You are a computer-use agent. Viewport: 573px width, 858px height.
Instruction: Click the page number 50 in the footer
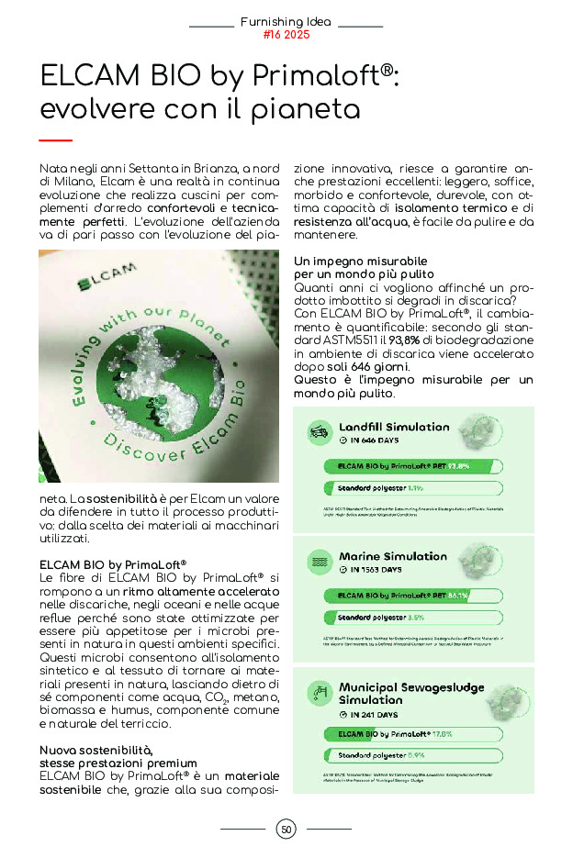coord(286,830)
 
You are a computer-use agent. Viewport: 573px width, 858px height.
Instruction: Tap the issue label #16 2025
coord(286,35)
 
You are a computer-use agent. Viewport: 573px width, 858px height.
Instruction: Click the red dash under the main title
coord(56,140)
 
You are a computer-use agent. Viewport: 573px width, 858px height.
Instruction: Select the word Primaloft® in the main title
coord(330,74)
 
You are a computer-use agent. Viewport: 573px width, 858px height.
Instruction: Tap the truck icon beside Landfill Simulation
coord(320,430)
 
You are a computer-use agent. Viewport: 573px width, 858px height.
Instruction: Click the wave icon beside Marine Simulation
coord(320,560)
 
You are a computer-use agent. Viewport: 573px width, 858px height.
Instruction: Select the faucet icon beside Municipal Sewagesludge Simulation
coord(320,690)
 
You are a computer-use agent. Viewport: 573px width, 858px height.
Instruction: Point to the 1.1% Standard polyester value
coord(415,487)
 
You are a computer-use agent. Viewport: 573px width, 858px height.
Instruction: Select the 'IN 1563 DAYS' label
coord(376,570)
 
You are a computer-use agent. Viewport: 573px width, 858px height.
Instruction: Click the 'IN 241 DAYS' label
coord(373,714)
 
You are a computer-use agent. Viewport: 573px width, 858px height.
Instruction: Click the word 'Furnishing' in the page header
coord(270,21)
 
